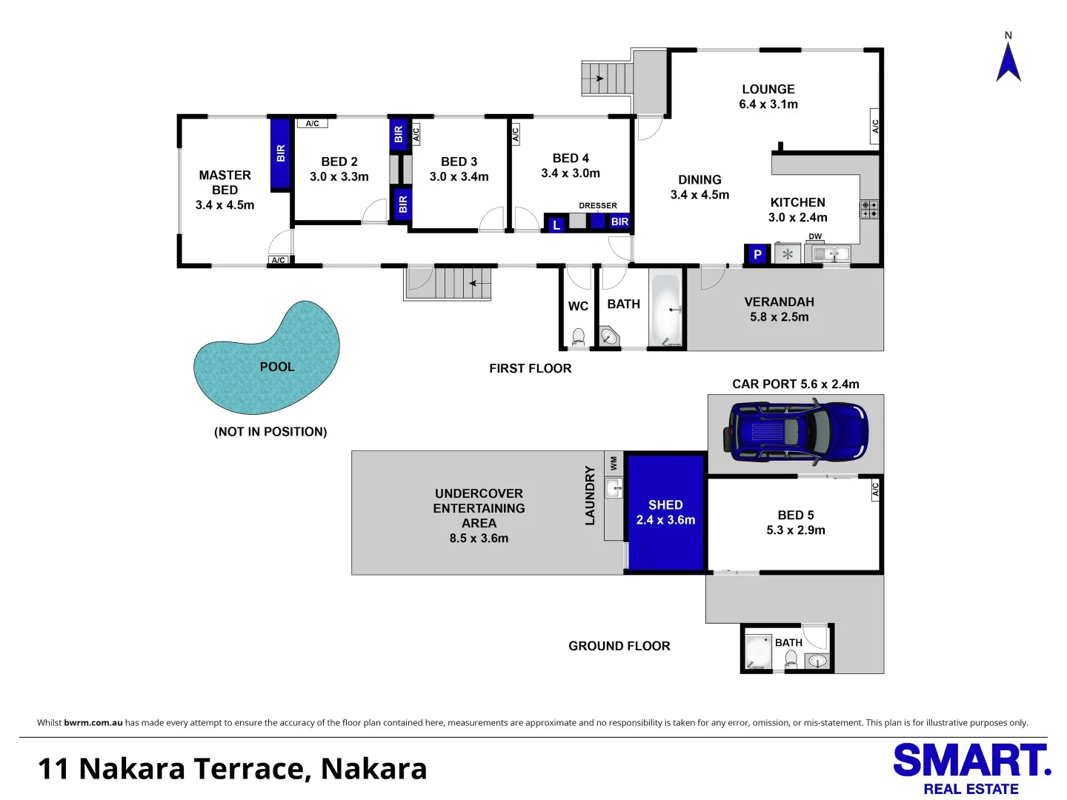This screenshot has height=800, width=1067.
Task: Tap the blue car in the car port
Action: pos(797,432)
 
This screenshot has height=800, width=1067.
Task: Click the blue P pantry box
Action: pos(757,254)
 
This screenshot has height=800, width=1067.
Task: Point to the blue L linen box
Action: pos(556,224)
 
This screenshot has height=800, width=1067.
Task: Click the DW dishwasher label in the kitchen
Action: pos(815,236)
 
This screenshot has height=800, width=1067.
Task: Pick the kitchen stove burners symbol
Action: pos(869,209)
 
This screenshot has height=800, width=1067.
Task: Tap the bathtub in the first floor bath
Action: pos(665,309)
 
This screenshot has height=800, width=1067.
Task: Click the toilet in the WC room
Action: pos(578,337)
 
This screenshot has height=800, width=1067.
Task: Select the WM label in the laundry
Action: pos(614,463)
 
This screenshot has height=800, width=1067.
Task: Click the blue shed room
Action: pos(665,512)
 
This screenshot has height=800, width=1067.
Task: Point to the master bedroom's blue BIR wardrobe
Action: pos(280,153)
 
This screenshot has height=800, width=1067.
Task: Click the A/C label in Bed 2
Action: pos(312,124)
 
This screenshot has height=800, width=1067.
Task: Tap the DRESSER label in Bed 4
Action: pos(597,206)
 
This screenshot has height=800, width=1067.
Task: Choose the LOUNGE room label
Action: pos(768,89)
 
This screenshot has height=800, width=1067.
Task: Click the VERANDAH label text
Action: pos(779,301)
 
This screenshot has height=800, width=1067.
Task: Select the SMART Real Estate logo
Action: pos(971,769)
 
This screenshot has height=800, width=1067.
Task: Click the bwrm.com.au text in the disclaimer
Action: pos(93,723)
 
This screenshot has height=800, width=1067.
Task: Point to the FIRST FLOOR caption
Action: pos(530,368)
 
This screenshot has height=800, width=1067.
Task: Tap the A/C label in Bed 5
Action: pos(875,489)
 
